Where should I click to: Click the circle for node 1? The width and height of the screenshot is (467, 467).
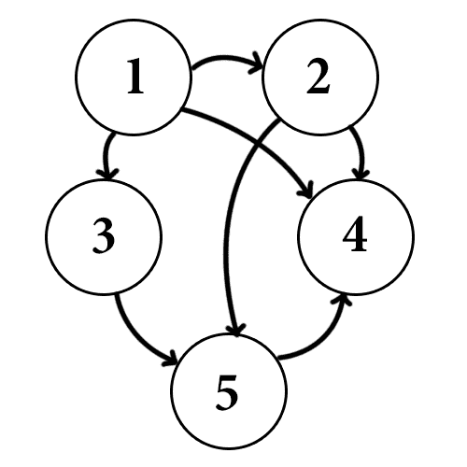pyautogui.click(x=134, y=77)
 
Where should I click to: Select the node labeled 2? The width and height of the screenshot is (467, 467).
pyautogui.click(x=320, y=77)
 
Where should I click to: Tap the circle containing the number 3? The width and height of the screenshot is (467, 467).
pyautogui.click(x=104, y=236)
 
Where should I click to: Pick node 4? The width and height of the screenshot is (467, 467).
pyautogui.click(x=356, y=236)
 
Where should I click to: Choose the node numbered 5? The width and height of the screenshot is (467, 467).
pyautogui.click(x=229, y=390)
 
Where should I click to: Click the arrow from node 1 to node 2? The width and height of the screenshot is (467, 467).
pyautogui.click(x=226, y=58)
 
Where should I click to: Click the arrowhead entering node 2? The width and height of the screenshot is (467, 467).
pyautogui.click(x=257, y=64)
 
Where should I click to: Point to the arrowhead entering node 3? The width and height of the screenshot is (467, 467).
pyautogui.click(x=107, y=174)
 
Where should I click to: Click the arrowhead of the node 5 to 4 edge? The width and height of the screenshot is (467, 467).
pyautogui.click(x=343, y=301)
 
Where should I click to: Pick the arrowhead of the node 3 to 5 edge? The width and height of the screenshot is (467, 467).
pyautogui.click(x=171, y=360)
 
